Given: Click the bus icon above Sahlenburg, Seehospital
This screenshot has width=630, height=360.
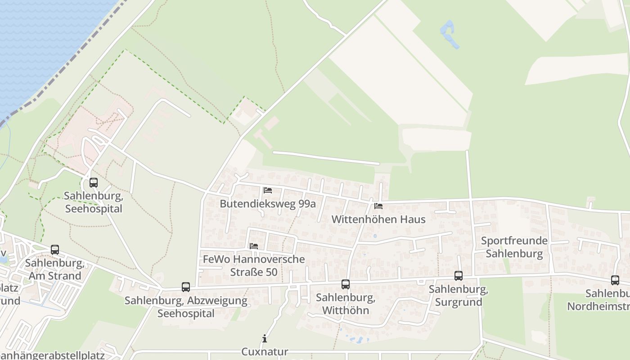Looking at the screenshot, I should (94, 183).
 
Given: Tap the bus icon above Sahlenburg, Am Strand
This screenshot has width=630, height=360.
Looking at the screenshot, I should (55, 249).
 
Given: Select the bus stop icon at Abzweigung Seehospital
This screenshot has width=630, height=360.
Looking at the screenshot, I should (185, 287).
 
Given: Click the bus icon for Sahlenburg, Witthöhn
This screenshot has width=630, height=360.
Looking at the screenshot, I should (346, 284).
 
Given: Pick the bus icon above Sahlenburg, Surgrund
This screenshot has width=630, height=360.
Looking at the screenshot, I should (459, 276).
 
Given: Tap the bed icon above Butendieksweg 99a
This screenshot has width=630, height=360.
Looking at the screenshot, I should (268, 190).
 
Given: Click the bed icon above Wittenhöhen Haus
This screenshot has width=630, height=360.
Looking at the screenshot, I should (378, 206).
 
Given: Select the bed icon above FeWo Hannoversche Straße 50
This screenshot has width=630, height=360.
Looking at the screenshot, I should (254, 246).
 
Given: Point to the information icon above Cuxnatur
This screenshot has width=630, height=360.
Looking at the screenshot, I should (265, 338).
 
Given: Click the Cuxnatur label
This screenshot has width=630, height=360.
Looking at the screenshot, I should (265, 351).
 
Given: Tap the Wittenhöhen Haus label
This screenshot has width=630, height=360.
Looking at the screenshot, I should (378, 220).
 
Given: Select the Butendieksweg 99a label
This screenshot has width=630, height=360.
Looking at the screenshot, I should (268, 204).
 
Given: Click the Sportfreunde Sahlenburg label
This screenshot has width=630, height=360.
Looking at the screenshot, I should (514, 247).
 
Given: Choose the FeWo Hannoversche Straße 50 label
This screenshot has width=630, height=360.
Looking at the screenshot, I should (254, 266).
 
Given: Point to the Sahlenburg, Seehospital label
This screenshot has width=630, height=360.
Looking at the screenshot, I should (94, 202).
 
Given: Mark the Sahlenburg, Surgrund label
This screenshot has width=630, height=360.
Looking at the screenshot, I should (459, 296).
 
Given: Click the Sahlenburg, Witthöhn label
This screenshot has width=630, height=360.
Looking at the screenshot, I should (346, 304).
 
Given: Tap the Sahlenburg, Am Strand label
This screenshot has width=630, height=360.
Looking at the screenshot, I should (55, 269).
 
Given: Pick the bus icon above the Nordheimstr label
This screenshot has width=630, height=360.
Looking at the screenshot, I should (615, 280).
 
